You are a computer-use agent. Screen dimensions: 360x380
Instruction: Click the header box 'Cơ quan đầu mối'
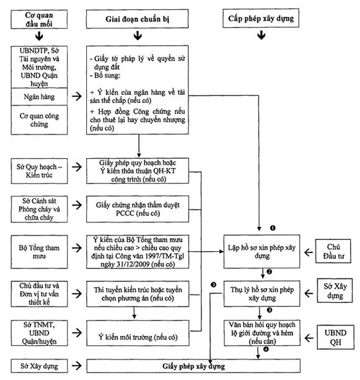point(39,19)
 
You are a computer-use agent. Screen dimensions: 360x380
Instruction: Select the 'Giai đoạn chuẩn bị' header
point(137,19)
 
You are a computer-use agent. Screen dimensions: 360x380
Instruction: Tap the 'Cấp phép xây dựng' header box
point(261,18)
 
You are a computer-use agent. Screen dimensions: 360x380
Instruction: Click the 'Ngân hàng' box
point(39,97)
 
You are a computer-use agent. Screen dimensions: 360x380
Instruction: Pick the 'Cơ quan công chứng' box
point(39,120)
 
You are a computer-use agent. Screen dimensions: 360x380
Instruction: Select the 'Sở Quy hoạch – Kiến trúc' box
point(39,171)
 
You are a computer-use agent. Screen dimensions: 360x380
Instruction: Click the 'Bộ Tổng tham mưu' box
point(39,252)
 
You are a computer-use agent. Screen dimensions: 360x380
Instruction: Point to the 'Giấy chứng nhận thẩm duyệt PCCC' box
point(138,209)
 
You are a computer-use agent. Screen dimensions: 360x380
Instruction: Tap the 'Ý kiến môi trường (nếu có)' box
point(138,333)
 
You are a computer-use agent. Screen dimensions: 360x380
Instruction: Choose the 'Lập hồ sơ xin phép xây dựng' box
point(261,251)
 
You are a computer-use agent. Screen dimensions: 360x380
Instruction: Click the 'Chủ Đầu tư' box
point(333,251)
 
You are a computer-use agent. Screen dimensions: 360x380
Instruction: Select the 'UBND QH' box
point(336,337)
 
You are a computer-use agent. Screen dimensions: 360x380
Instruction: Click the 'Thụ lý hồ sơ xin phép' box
point(262,294)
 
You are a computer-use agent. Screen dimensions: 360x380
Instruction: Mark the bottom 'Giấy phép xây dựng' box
point(193,366)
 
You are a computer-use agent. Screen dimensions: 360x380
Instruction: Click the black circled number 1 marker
point(273,228)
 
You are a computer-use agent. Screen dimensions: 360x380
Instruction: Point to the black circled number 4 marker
point(266,349)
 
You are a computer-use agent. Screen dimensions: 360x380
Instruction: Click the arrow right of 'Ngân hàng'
point(77,96)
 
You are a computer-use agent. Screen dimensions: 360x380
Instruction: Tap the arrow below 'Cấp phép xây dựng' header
point(261,35)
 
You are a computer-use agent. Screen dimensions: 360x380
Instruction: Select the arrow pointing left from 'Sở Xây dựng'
point(309,293)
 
